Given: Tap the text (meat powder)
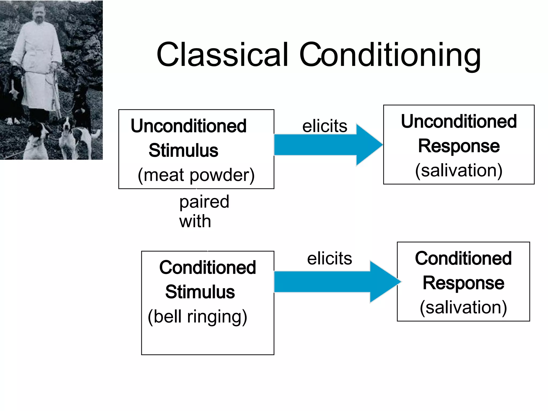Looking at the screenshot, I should tap(196, 175).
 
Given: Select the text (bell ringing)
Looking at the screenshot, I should tap(197, 317).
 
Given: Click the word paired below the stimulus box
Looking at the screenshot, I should tap(204, 202).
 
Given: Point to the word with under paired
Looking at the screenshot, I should tap(195, 222).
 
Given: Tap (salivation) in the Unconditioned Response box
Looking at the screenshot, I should tap(459, 170).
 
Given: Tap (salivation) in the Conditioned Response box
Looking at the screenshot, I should tap(463, 307).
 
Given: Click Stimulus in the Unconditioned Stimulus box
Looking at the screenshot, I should tap(183, 150).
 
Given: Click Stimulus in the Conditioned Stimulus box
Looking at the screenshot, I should tap(200, 292).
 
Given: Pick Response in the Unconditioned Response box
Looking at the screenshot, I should tap(459, 146).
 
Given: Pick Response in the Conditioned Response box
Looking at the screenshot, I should tap(463, 283).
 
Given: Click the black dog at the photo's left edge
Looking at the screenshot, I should tap(12, 91).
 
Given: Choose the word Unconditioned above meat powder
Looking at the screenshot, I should tap(188, 126).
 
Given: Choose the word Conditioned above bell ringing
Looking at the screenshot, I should tap(207, 268).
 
